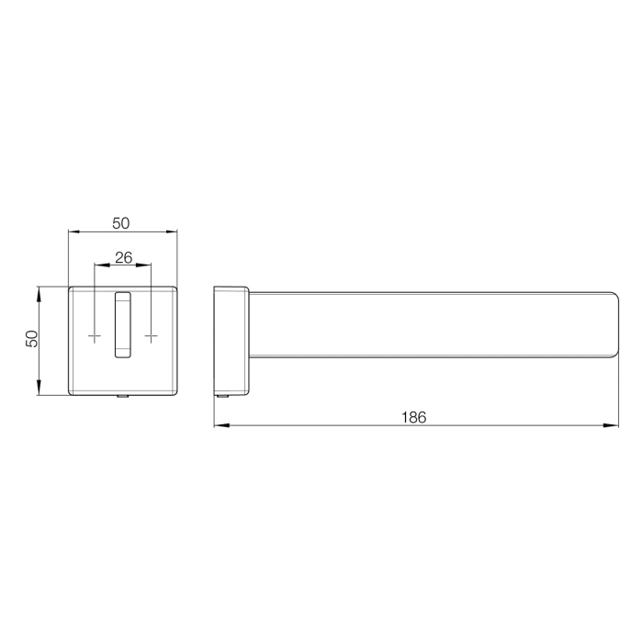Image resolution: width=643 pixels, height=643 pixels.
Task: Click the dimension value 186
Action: click(x=414, y=416)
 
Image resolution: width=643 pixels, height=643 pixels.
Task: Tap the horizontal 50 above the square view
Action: click(x=121, y=223)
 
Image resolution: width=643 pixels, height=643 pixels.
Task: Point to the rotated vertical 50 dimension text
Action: click(x=31, y=339)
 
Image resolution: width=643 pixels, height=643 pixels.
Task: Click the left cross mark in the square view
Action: click(x=95, y=338)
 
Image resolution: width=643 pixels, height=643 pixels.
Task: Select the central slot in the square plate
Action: click(x=122, y=323)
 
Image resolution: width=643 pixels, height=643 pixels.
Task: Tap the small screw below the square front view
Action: click(x=122, y=397)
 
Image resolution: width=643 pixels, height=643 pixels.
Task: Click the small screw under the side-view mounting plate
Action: click(x=223, y=397)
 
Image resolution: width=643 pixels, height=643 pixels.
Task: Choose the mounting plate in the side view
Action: click(x=231, y=341)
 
